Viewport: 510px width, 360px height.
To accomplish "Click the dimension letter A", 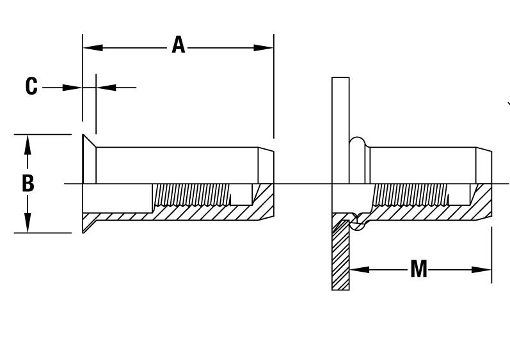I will click(x=178, y=47).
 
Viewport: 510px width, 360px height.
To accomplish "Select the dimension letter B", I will click(x=28, y=184).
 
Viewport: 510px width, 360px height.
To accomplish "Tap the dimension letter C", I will click(x=31, y=86).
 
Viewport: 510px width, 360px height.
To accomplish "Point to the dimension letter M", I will click(x=418, y=270).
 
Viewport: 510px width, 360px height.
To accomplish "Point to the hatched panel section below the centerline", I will click(x=340, y=256).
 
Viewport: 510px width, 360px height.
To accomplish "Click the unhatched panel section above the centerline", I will click(x=340, y=128).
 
